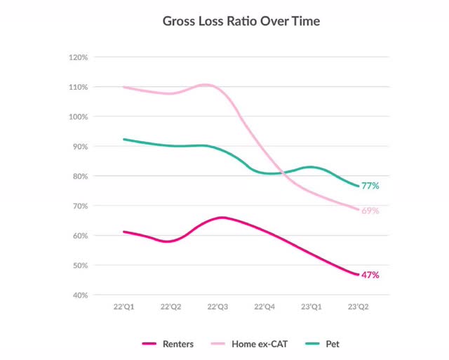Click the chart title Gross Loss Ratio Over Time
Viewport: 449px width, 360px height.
241,21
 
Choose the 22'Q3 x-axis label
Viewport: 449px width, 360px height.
217,307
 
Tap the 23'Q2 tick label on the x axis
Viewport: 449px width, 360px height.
359,307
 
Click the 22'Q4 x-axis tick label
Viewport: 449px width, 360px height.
264,307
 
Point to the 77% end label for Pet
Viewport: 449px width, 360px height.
370,186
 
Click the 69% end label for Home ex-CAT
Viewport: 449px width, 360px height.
370,211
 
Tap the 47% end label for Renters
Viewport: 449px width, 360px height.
370,275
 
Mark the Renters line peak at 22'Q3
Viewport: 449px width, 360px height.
221,218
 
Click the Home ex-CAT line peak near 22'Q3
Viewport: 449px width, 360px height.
206,84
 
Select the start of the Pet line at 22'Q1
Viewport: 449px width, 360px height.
124,139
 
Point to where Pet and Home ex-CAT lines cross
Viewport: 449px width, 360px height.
281,173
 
